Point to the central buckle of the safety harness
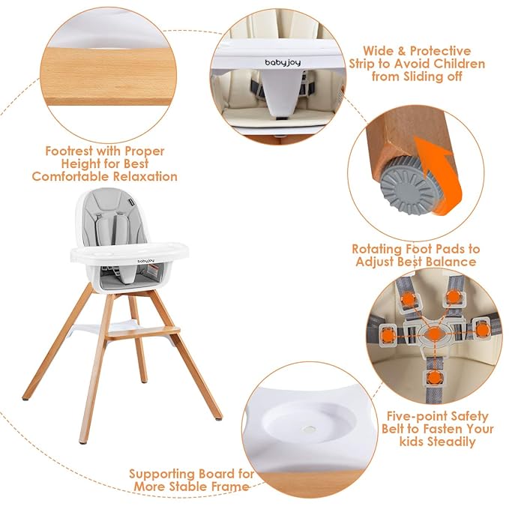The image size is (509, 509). tap(435, 330)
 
